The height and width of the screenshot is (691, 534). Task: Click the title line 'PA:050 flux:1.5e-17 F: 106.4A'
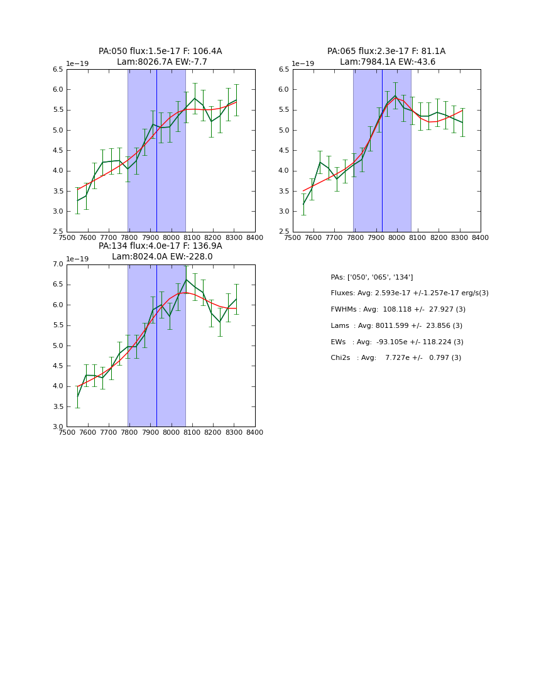(160, 52)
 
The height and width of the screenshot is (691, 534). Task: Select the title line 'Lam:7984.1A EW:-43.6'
(387, 62)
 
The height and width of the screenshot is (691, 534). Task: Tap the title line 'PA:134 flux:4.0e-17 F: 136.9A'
(160, 246)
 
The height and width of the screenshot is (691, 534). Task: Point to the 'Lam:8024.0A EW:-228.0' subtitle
(162, 257)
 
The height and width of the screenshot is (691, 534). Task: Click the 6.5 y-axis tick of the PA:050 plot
(58, 70)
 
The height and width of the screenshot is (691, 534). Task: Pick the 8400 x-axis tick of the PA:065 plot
(480, 238)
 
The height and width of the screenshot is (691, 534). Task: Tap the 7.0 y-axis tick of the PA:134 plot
(58, 264)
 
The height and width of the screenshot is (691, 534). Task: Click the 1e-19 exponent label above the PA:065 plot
(303, 64)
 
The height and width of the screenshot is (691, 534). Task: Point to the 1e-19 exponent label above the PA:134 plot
(77, 259)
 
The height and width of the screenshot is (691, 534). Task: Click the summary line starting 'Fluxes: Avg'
(409, 293)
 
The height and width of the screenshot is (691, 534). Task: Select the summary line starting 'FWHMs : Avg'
(397, 310)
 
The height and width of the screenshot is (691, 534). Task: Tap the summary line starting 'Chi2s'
(396, 358)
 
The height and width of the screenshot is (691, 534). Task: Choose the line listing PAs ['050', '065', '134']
(372, 278)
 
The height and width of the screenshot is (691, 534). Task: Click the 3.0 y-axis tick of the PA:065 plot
(284, 212)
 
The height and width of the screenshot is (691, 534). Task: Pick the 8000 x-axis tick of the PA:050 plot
(171, 238)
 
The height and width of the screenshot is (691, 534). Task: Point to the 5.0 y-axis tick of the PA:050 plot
(58, 131)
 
